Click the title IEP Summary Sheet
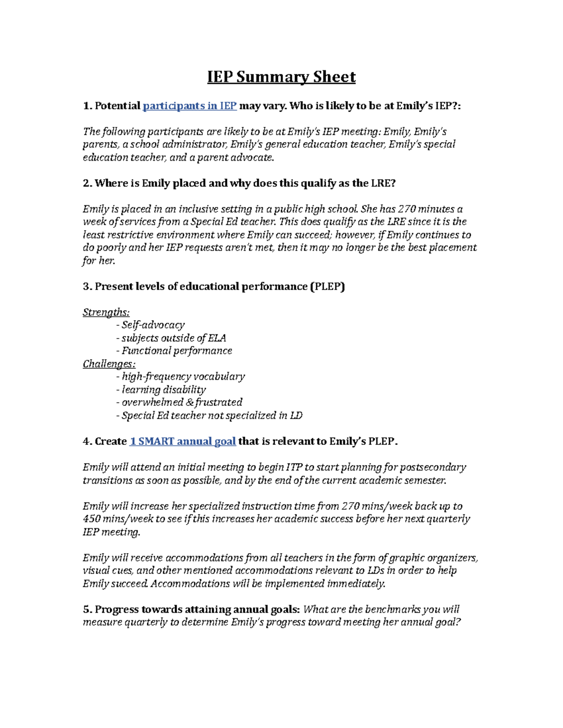coord(281,77)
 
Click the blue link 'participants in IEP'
coord(190,106)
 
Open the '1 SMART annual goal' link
coord(183,442)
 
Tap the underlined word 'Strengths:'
coord(106,313)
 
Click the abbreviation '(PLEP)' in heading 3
coord(327,287)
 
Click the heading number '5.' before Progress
coord(87,610)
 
